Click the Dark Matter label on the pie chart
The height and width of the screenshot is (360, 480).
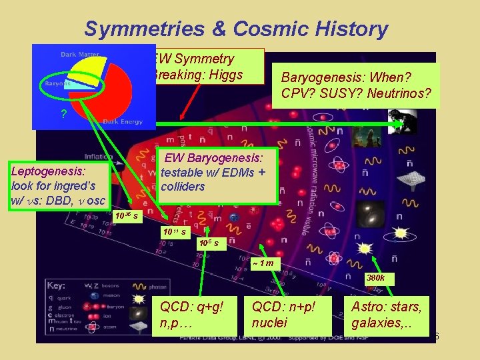(x=77, y=54)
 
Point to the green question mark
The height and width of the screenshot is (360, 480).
(x=63, y=114)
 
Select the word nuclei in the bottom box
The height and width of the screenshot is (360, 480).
(x=270, y=323)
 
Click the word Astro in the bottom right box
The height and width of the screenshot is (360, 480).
(x=367, y=307)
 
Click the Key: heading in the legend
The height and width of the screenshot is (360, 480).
(x=57, y=285)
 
